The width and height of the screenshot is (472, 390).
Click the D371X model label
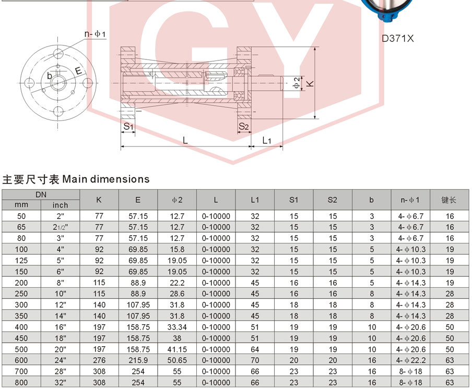click(x=398, y=39)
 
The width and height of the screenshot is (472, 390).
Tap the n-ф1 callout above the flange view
click(x=95, y=34)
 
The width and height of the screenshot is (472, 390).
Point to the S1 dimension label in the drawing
click(x=128, y=126)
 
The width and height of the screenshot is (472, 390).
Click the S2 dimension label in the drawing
click(x=243, y=126)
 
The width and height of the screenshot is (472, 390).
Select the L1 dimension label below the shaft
click(x=267, y=140)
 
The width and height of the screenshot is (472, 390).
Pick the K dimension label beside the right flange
click(x=310, y=83)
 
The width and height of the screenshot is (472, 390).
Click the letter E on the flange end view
click(x=78, y=71)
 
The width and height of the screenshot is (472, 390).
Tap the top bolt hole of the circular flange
click(x=58, y=54)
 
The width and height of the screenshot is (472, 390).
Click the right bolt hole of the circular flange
click(x=87, y=83)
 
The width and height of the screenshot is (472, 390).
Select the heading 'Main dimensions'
click(x=105, y=179)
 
